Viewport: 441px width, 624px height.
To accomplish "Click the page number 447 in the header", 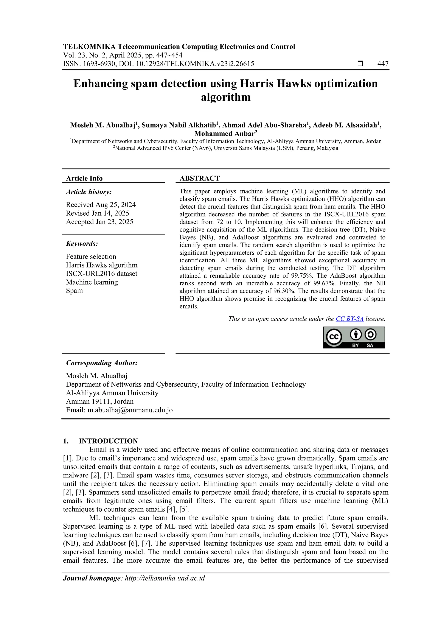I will tap(383, 64).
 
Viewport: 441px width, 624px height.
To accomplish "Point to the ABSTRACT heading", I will tap(199, 178).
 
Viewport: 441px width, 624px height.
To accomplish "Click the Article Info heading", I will tap(84, 178).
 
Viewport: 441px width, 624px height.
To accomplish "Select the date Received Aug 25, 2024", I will tap(101, 205).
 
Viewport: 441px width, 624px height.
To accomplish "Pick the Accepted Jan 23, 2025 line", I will tap(99, 222).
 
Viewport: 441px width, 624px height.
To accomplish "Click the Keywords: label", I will tap(82, 244).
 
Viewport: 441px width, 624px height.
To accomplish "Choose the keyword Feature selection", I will tap(91, 257).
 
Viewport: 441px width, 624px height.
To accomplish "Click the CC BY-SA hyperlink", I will tap(349, 319).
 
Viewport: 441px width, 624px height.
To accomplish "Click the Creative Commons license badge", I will tap(354, 337).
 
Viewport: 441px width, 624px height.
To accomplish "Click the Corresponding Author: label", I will tap(102, 363).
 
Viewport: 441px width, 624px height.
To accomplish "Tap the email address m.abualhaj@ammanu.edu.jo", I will tap(130, 410).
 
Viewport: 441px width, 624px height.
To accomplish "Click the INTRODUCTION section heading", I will tap(108, 441).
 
